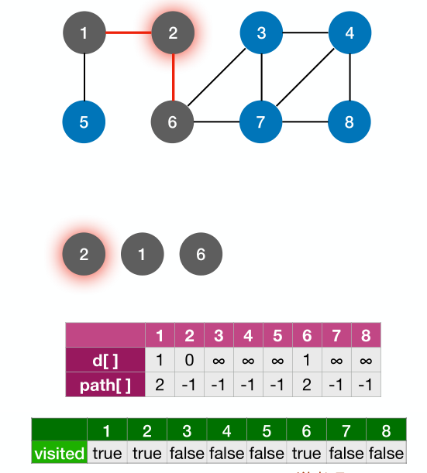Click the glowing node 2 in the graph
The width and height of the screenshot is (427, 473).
[173, 33]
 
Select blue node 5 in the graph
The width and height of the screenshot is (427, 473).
[84, 122]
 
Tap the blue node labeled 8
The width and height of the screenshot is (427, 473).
[350, 122]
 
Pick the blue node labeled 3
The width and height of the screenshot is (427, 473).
[262, 33]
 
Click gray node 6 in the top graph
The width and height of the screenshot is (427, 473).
[173, 122]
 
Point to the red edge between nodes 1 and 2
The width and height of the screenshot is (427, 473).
[128, 33]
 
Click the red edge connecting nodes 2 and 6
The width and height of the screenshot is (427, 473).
[173, 77]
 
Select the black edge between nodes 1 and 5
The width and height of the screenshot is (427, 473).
[84, 77]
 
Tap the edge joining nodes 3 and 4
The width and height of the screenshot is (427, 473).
[306, 33]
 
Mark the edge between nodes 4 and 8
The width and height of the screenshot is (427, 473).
[350, 77]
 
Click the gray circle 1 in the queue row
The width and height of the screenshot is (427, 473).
[142, 254]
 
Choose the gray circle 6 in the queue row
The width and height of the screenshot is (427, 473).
[201, 254]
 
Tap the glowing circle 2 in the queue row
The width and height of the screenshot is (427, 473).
[84, 254]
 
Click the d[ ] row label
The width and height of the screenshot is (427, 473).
[105, 360]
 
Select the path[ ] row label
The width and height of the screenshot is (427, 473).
[105, 385]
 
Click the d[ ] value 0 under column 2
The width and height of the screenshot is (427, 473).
[189, 360]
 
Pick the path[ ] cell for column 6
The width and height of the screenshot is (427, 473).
[307, 385]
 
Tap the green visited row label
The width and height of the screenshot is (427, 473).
[59, 453]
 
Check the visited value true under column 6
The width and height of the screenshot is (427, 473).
[306, 453]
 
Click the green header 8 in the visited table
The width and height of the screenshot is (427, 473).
[386, 430]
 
